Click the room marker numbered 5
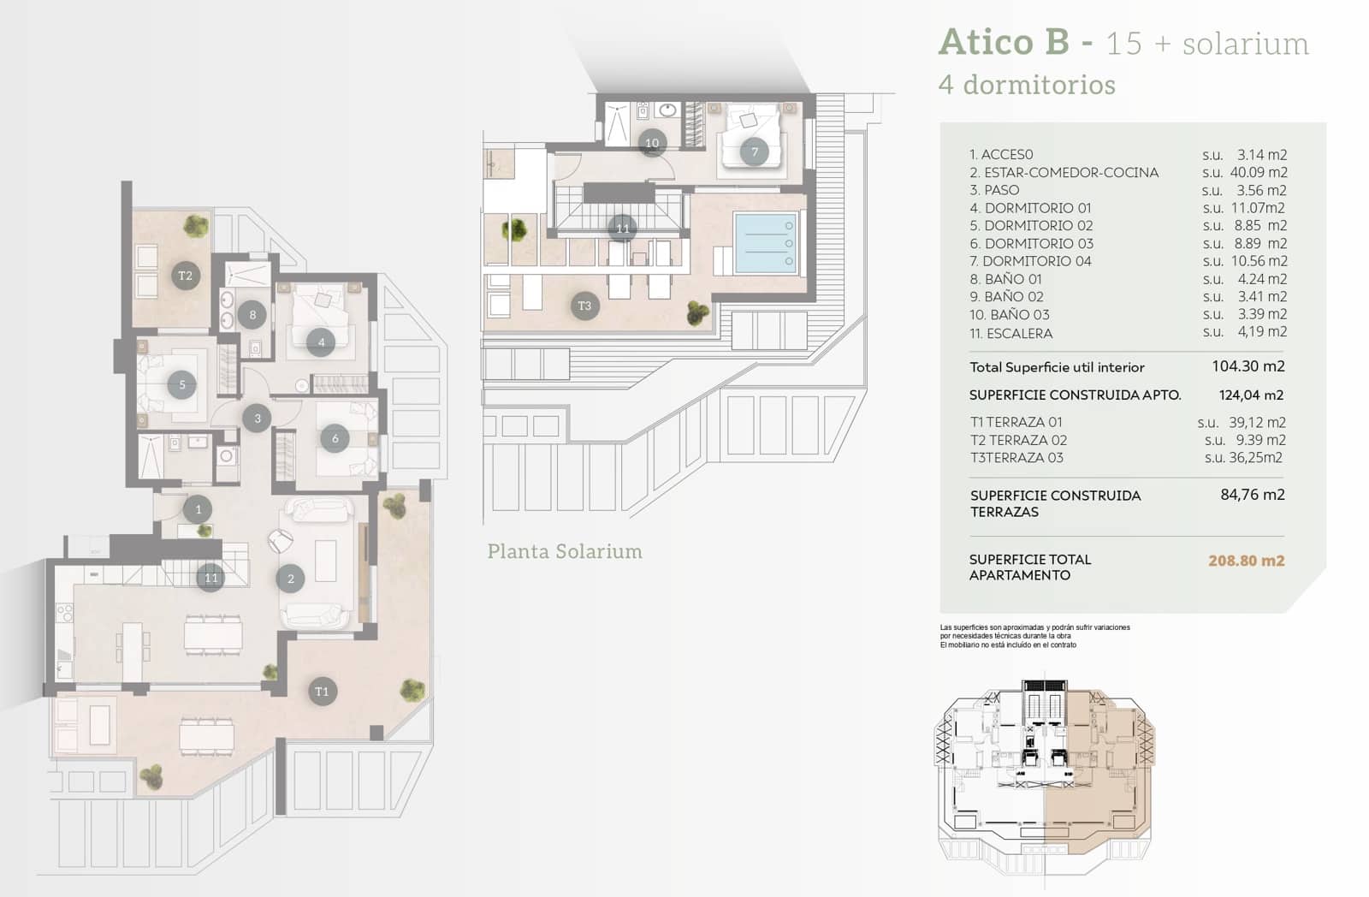pos(182,385)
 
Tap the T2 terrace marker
pos(185,276)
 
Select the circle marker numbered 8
pos(252,315)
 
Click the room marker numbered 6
pos(335,438)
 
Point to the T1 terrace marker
pos(322,692)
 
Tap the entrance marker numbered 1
pos(198,509)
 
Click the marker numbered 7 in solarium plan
pos(754,152)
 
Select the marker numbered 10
pos(652,143)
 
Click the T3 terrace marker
pos(584,306)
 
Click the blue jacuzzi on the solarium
pos(766,243)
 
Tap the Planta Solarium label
pos(565,551)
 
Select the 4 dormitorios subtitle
pos(1027,85)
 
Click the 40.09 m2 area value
pos(1259,172)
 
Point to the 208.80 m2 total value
pos(1246,561)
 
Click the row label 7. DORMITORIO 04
pos(1030,261)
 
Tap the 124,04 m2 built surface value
pos(1251,395)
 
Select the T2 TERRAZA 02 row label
pos(1018,440)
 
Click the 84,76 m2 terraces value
pos(1252,494)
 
